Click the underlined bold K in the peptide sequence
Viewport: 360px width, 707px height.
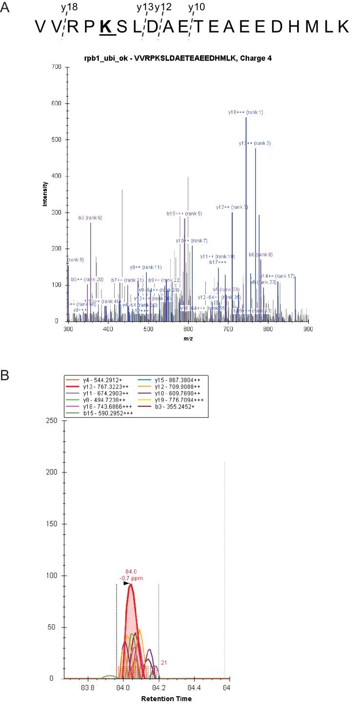coord(107,26)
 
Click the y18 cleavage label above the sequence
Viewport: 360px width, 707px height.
coord(69,7)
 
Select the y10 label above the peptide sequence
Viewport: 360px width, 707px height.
coord(197,7)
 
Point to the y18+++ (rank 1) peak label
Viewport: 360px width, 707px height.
coord(245,112)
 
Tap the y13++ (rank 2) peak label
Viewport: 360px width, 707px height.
coord(255,143)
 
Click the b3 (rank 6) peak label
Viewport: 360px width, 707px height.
coord(90,217)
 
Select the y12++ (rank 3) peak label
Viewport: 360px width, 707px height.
coord(232,207)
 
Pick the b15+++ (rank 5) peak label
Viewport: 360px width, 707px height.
coord(184,214)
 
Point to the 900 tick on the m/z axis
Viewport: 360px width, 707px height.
coord(308,329)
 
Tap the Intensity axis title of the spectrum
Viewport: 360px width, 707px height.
coord(45,194)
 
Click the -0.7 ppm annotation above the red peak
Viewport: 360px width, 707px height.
coord(133,578)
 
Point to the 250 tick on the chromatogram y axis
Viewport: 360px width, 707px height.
coord(55,420)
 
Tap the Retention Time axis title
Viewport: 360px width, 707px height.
coord(146,699)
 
